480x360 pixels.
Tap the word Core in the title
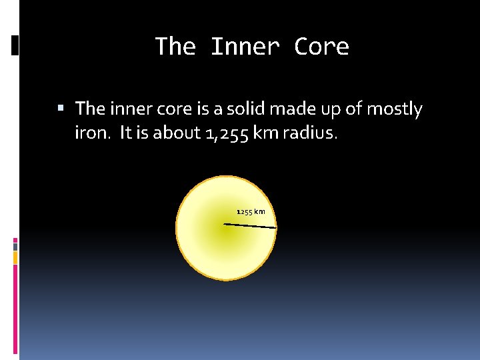[321, 47]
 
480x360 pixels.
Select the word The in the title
[175, 47]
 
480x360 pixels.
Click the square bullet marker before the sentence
[61, 107]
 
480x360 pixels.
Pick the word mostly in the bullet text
[397, 108]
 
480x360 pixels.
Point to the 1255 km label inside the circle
[251, 212]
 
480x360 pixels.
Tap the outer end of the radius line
[275, 228]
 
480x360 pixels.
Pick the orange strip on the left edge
[15, 257]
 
